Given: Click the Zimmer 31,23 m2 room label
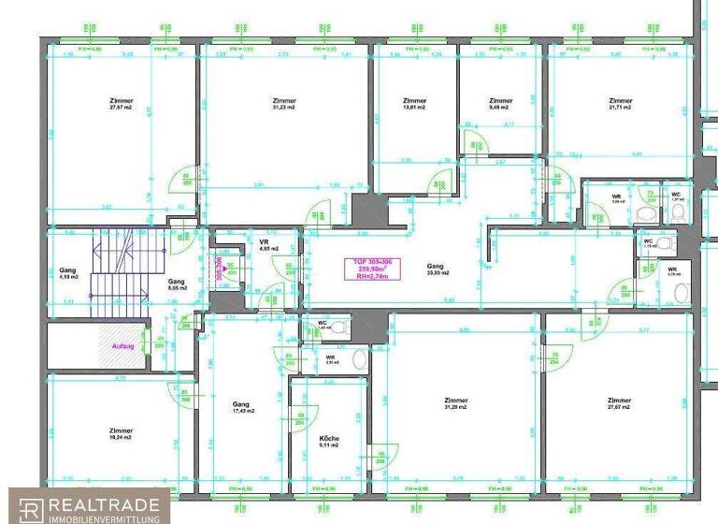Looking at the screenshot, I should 283,104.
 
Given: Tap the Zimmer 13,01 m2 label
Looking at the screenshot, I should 414,104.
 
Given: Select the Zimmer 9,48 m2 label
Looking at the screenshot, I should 501,104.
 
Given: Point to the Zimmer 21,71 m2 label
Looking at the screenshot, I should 620,104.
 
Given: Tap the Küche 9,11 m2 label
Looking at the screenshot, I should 328,442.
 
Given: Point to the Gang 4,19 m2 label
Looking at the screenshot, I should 67,273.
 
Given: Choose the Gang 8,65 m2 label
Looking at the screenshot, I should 177,284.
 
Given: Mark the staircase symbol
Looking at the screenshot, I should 118,276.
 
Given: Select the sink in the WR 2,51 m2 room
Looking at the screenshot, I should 359,359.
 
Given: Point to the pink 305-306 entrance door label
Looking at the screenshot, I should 220,269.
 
